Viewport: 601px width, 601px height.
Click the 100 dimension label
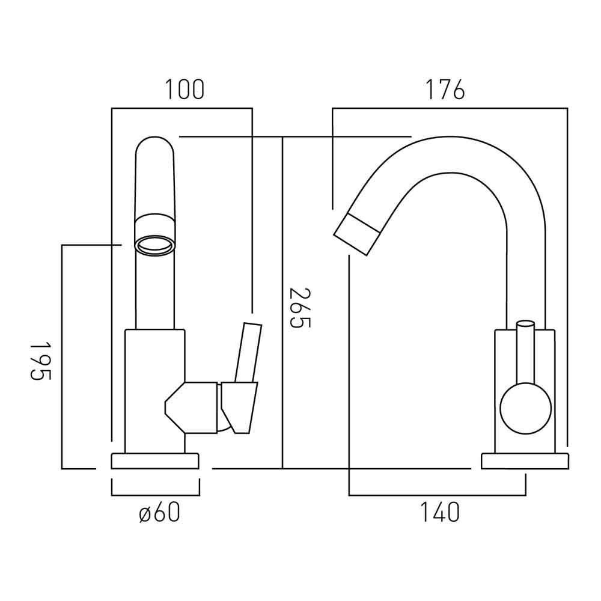[185, 90]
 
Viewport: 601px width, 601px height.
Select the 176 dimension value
[445, 90]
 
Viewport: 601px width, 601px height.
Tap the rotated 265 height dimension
[300, 308]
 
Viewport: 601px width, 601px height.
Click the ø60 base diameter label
[159, 513]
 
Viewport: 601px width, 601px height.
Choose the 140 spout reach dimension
[439, 513]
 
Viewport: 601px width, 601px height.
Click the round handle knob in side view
[525, 408]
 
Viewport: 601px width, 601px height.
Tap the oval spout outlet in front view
[156, 245]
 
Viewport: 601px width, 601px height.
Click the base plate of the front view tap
[155, 461]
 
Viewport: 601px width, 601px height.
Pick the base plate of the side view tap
[525, 461]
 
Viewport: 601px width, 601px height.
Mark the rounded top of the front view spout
[155, 144]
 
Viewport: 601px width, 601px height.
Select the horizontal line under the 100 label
[182, 108]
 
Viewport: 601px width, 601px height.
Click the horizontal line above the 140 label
[437, 495]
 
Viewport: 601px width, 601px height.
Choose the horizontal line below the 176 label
[450, 108]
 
